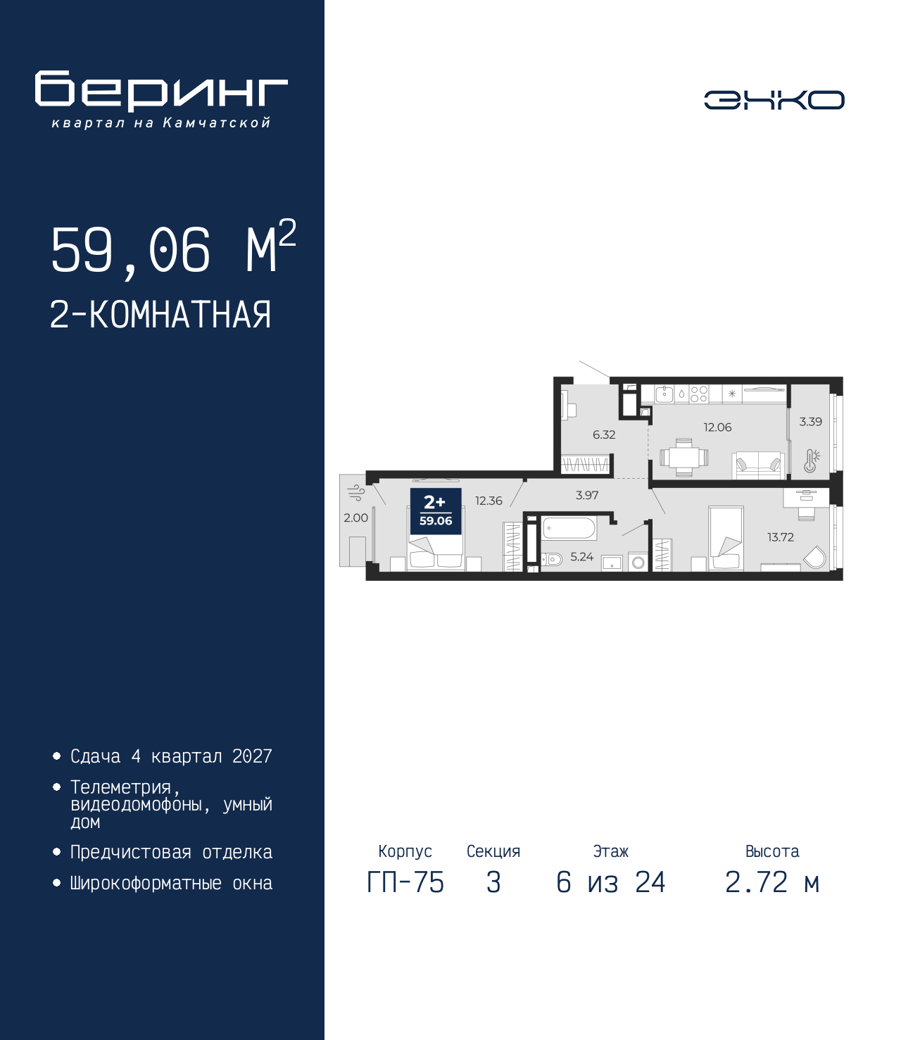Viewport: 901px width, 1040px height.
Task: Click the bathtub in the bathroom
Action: pos(569,528)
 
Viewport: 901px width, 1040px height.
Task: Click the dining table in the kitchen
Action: pos(683,458)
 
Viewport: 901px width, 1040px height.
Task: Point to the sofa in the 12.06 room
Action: pos(758,465)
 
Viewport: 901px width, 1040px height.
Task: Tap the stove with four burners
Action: pos(698,394)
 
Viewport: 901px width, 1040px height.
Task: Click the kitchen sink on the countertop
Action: pos(664,394)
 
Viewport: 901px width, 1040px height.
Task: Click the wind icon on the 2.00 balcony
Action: pos(356,493)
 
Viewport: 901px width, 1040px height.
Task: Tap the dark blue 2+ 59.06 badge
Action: pos(436,510)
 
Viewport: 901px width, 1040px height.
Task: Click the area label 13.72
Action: pos(780,537)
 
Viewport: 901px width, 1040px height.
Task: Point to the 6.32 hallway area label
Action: pos(604,434)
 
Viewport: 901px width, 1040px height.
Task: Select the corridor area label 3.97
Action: pos(587,495)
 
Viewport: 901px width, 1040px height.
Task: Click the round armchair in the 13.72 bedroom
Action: pos(814,558)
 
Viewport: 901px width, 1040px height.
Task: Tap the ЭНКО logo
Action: pos(774,99)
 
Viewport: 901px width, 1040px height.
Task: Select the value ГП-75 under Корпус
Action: pos(405,882)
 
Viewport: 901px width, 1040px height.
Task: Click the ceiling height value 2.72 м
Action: pos(772,882)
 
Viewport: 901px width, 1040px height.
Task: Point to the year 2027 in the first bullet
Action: pos(252,756)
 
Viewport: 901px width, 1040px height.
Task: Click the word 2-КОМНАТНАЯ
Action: pos(160,315)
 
